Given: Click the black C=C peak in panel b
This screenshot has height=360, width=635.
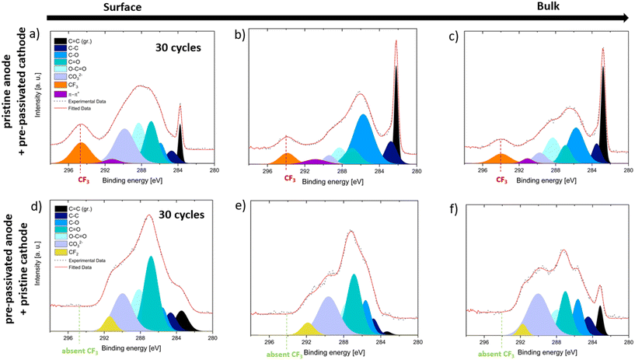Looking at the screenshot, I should (396, 117).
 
